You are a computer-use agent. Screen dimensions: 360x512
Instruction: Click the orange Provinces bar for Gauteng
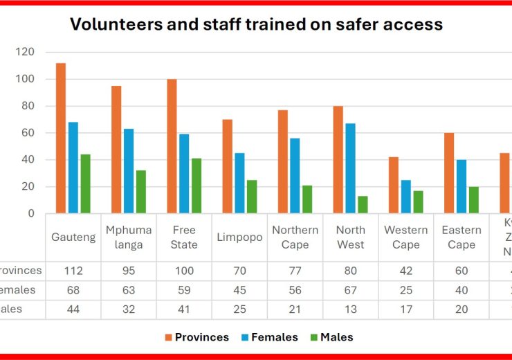61,138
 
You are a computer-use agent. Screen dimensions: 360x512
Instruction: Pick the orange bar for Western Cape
394,185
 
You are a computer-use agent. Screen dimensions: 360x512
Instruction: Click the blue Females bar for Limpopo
239,183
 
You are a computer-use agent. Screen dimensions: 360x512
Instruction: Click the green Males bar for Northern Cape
307,199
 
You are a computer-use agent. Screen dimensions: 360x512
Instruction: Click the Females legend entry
273,337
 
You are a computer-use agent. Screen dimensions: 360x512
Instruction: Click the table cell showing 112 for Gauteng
73,271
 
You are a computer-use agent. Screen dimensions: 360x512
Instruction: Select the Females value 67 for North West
351,290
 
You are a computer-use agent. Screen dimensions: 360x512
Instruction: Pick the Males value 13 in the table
351,309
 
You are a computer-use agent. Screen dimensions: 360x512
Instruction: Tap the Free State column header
184,237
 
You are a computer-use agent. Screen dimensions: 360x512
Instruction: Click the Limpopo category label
239,237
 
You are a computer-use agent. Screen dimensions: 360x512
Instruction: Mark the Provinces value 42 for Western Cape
406,271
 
